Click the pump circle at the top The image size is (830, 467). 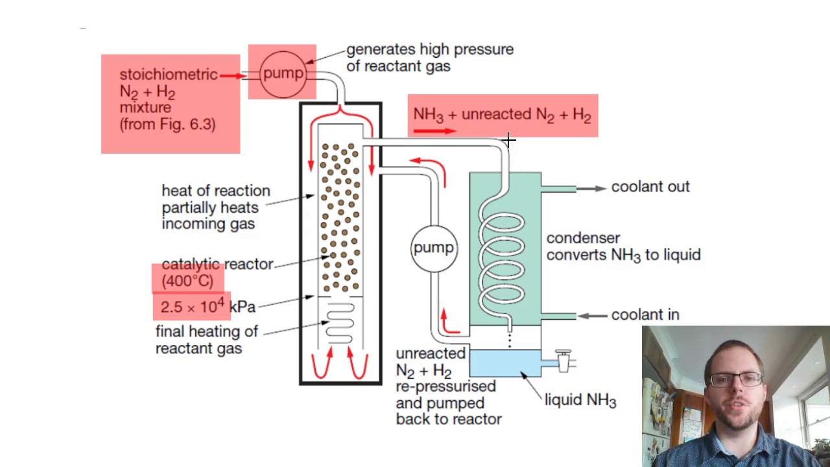point(283,73)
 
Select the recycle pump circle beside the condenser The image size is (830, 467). point(433,248)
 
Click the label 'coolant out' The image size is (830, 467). point(650,187)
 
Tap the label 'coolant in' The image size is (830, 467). point(645,315)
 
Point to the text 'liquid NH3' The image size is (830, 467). point(580,400)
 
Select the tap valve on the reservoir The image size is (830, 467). point(563,360)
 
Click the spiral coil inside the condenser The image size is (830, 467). point(501,259)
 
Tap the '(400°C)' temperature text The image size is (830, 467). point(187,281)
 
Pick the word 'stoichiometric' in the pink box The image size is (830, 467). point(168,75)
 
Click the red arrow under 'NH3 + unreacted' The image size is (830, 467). point(434,131)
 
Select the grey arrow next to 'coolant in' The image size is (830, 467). point(591,315)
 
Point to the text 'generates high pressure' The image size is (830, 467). point(429,49)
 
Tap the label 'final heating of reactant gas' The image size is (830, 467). point(206,339)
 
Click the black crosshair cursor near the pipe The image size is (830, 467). point(508,140)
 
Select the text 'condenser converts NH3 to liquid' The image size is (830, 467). point(622,246)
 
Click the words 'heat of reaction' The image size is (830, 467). point(215,191)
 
